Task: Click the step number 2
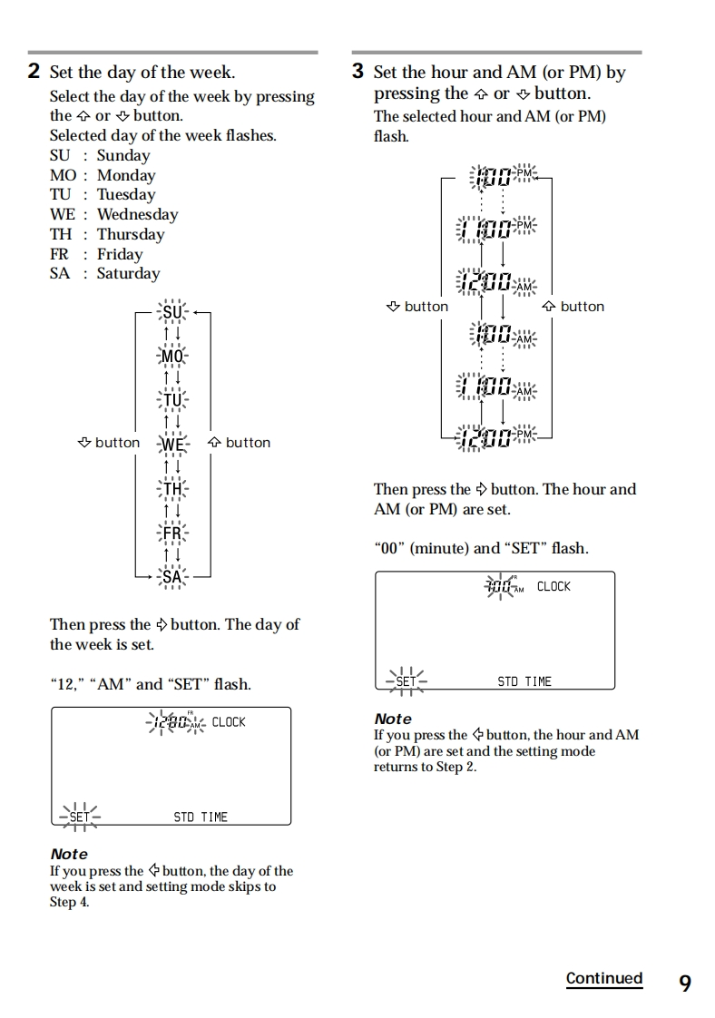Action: click(34, 72)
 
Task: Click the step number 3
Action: click(358, 72)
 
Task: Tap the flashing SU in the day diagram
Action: click(172, 313)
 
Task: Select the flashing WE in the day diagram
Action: click(172, 444)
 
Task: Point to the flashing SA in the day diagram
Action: click(172, 577)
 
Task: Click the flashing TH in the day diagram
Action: click(172, 490)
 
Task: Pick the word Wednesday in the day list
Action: click(137, 214)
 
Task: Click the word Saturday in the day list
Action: click(128, 273)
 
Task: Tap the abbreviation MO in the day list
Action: click(63, 175)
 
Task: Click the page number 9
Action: click(684, 983)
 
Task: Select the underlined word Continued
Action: click(603, 978)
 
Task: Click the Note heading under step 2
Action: click(69, 854)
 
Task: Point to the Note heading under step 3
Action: click(393, 719)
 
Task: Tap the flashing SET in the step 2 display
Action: click(79, 817)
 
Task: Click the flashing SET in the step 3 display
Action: click(405, 681)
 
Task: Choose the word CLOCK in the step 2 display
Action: click(229, 722)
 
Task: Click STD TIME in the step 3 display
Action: click(524, 681)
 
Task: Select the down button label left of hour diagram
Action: click(416, 307)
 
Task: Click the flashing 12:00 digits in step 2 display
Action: click(171, 723)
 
